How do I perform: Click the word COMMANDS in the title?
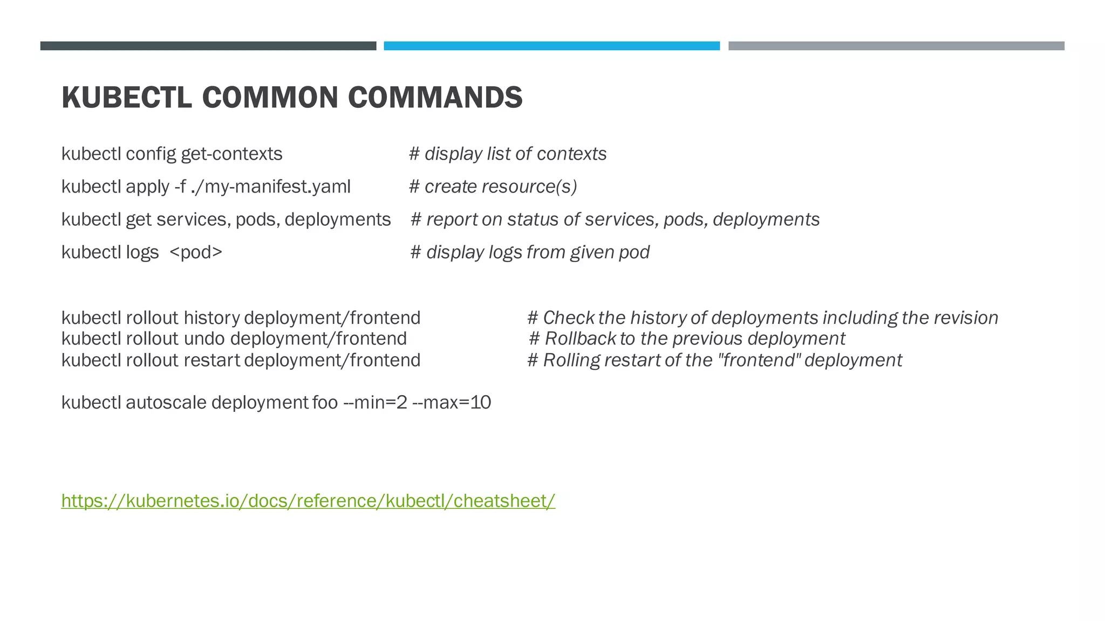coord(435,98)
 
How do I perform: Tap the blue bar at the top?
coord(551,46)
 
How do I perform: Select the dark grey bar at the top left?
coord(208,46)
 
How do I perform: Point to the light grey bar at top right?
coord(896,46)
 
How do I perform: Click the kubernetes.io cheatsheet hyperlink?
coord(308,501)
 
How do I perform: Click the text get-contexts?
coord(231,154)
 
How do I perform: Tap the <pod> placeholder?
coord(196,252)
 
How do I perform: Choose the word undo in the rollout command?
coord(204,339)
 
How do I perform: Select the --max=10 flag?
coord(452,403)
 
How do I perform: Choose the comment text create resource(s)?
coord(501,187)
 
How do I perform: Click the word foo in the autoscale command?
coord(325,403)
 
